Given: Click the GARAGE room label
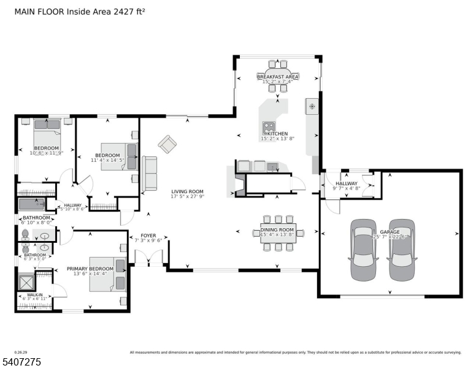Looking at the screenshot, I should [x=390, y=232].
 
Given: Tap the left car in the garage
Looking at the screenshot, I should [x=362, y=249].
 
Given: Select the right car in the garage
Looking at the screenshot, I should [x=402, y=249].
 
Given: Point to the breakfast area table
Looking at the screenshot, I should [x=278, y=76].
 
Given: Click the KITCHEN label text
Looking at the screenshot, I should [x=277, y=134].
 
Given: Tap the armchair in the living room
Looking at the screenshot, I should [x=167, y=144].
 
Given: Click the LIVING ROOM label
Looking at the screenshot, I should [x=187, y=191].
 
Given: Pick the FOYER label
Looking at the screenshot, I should [x=148, y=234].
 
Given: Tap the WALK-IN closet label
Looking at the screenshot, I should [x=34, y=294].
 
